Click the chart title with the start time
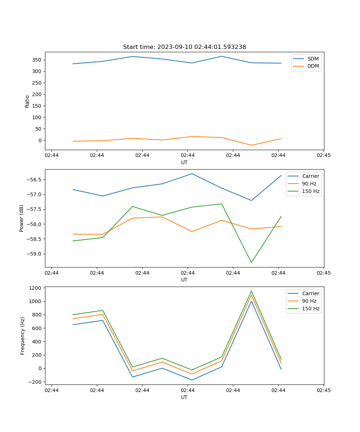(184, 47)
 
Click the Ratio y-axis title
(27, 102)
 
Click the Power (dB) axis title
(22, 218)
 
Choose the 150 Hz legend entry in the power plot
(311, 191)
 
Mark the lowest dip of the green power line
(251, 262)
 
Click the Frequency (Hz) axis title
(23, 336)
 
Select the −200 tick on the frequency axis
(35, 382)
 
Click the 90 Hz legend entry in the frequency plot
(309, 301)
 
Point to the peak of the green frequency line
(251, 291)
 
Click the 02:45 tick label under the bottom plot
(324, 390)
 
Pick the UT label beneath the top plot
(184, 162)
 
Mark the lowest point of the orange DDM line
(251, 145)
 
